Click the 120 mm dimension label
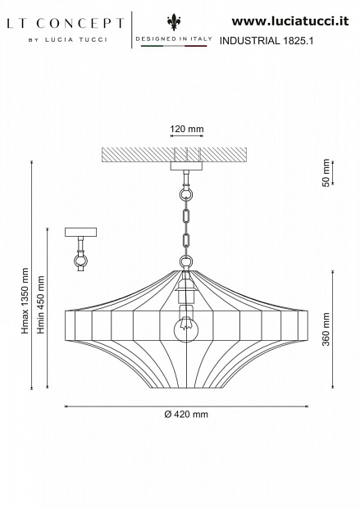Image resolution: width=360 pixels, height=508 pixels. (187, 129)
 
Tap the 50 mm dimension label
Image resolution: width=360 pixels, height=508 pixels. (326, 173)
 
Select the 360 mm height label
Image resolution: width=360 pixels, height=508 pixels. (326, 329)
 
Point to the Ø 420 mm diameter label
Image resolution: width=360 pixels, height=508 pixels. (186, 415)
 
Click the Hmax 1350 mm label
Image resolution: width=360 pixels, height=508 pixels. (25, 301)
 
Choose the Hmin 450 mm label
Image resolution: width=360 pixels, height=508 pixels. (41, 305)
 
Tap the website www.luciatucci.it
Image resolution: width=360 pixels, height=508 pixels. (290, 21)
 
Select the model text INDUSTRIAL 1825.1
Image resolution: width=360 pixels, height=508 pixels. (267, 41)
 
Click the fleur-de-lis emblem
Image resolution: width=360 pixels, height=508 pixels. (174, 22)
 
